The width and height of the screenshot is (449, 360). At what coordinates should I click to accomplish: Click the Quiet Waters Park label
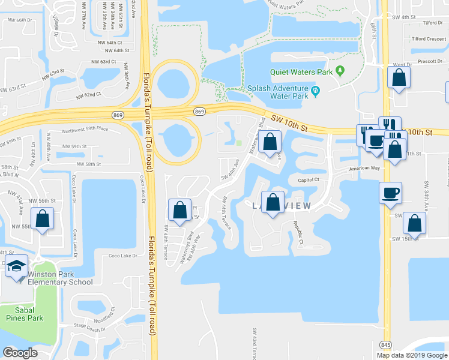coord(301,72)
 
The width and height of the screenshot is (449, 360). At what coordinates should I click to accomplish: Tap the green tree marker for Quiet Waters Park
coord(340,71)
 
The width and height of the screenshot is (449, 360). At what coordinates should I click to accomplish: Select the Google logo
coord(20,353)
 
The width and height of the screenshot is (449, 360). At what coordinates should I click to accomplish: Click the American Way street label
coord(366,169)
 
